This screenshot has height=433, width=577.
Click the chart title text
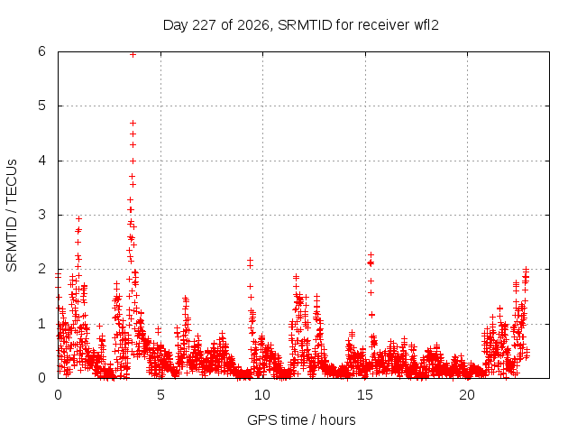[x=300, y=25]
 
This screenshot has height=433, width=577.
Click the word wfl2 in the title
[x=426, y=25]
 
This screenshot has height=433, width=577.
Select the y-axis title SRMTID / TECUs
[x=12, y=216]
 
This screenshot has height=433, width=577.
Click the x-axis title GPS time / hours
[x=301, y=419]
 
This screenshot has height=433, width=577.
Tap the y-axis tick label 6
[x=41, y=51]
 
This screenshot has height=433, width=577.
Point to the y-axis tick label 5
[x=41, y=106]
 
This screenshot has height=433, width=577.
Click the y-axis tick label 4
[x=41, y=161]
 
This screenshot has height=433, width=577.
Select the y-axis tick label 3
[x=41, y=215]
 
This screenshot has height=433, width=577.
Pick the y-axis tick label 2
[x=41, y=269]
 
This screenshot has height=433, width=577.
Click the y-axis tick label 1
[x=41, y=324]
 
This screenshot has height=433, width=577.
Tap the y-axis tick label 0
[x=41, y=378]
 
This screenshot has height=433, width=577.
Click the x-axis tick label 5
[x=160, y=395]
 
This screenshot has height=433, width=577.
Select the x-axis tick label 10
[x=262, y=395]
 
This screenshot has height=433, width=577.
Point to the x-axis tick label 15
[x=365, y=395]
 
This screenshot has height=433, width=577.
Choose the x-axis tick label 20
[x=467, y=395]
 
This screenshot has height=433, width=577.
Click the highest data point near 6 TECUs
[x=133, y=55]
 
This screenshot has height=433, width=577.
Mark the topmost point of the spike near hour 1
[x=78, y=218]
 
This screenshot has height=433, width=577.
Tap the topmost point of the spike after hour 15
[x=371, y=254]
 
